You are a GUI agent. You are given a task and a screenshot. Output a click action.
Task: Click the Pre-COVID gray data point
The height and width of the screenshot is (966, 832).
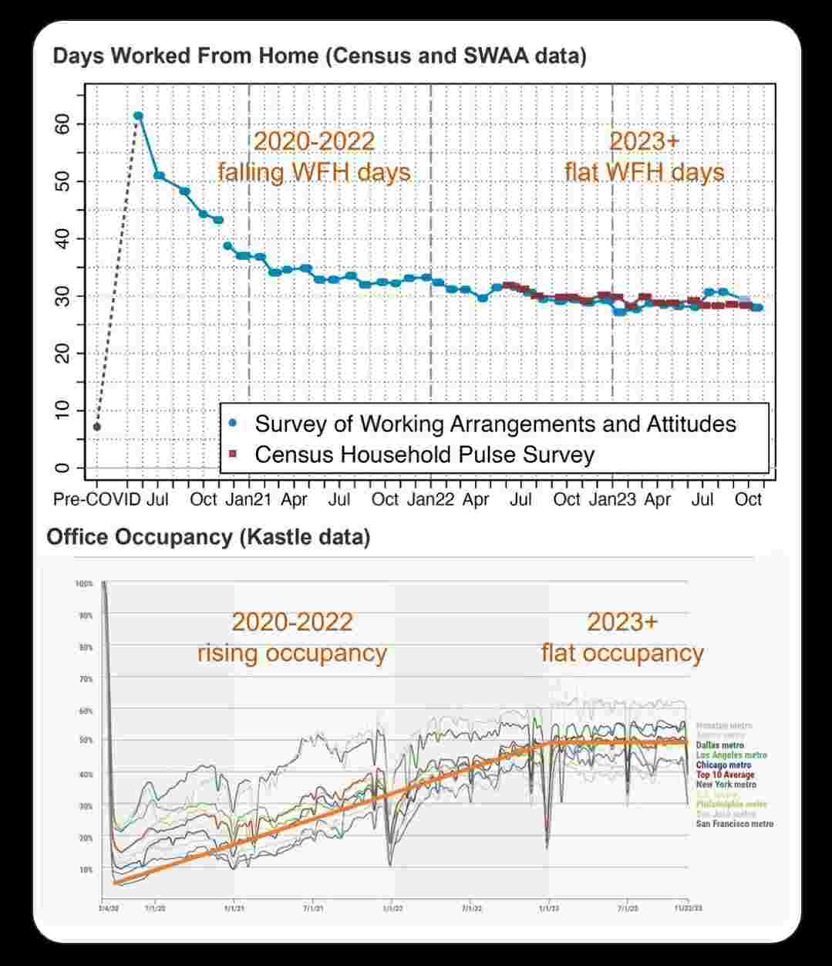pyautogui.click(x=97, y=427)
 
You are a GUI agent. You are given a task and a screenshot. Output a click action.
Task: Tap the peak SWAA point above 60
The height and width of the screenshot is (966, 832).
pyautogui.click(x=138, y=116)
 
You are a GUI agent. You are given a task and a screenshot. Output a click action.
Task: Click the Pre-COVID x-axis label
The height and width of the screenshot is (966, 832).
pyautogui.click(x=96, y=500)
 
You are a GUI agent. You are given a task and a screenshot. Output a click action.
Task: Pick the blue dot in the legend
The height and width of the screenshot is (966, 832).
pyautogui.click(x=233, y=424)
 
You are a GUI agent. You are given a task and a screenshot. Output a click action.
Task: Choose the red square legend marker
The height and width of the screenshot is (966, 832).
pyautogui.click(x=233, y=454)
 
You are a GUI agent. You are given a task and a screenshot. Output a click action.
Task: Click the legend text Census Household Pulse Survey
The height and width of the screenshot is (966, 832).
pyautogui.click(x=424, y=454)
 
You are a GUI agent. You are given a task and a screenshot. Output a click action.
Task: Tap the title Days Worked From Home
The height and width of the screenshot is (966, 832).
pyautogui.click(x=319, y=56)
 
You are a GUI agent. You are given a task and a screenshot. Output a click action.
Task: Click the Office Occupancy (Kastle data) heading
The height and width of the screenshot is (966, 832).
pyautogui.click(x=208, y=537)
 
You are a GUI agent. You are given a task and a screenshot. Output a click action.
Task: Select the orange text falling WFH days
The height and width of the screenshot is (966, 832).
pyautogui.click(x=314, y=171)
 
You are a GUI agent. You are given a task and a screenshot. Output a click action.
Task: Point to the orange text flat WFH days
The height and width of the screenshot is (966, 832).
pyautogui.click(x=644, y=171)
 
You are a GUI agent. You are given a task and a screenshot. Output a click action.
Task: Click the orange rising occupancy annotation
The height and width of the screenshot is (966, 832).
pyautogui.click(x=291, y=654)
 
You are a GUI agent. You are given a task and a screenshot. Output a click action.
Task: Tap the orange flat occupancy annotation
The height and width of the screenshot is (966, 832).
pyautogui.click(x=622, y=654)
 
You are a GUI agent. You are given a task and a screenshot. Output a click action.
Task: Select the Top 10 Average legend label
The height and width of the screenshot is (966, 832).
pyautogui.click(x=725, y=775)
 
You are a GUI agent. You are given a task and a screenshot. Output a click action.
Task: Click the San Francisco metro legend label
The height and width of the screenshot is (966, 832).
pyautogui.click(x=734, y=824)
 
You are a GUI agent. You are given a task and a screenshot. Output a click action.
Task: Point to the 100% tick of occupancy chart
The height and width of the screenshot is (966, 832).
pyautogui.click(x=84, y=584)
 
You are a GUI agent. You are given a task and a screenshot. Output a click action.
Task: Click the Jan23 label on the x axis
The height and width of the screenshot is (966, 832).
pyautogui.click(x=612, y=500)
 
